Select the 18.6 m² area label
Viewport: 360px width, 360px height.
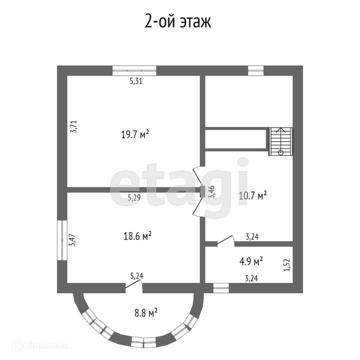tap(137, 236)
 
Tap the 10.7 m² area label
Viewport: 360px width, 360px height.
tap(253, 196)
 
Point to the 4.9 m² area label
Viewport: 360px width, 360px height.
tap(251, 261)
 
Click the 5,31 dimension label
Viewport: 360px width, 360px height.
tap(136, 81)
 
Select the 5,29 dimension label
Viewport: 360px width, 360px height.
tap(134, 198)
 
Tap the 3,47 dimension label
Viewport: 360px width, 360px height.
tap(72, 240)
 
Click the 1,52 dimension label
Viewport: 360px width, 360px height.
tap(286, 265)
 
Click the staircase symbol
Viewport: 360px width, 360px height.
tap(281, 141)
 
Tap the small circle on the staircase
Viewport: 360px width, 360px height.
tap(281, 152)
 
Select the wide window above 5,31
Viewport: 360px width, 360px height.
tap(134, 68)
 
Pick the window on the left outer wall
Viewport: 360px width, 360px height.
tap(62, 240)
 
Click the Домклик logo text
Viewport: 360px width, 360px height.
tap(47, 346)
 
